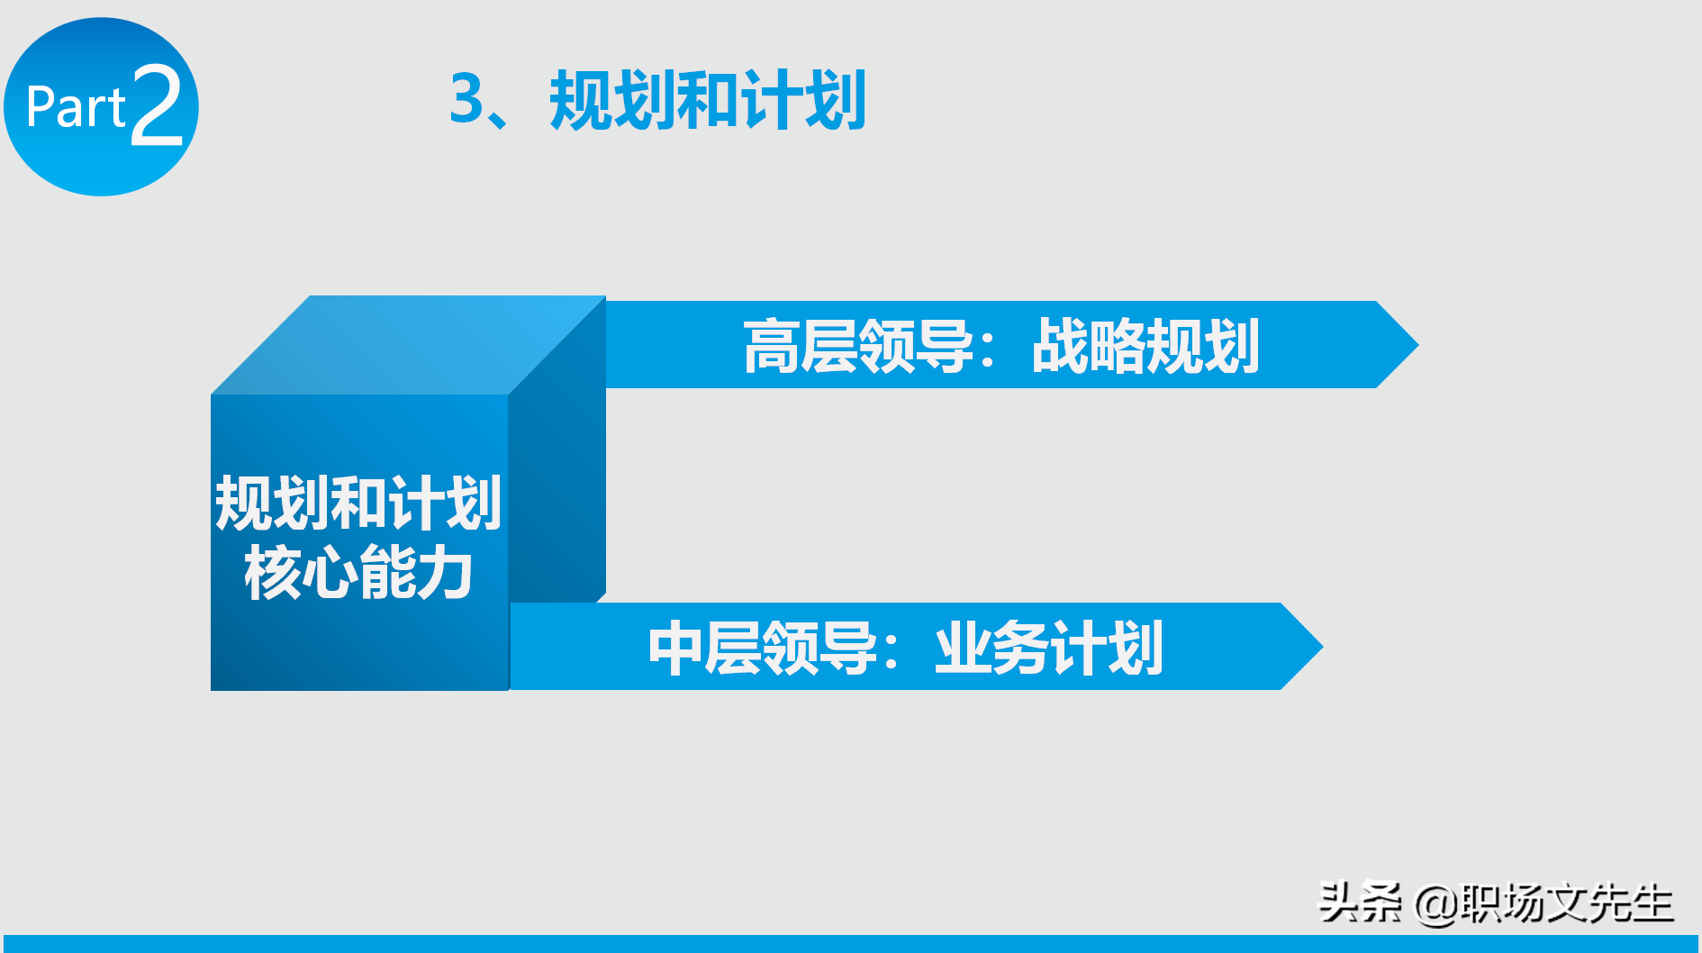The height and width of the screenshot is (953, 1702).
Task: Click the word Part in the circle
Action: pos(76,107)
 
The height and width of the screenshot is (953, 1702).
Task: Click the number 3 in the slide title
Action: pos(467,98)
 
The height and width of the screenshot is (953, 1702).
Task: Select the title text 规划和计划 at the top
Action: pos(708,100)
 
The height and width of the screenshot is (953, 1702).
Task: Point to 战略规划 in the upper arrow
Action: pos(1145,346)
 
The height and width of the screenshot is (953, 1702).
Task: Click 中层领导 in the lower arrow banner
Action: pos(763,648)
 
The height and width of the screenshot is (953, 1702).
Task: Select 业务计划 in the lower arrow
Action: pos(1049,648)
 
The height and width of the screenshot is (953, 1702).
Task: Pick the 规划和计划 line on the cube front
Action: pos(358,503)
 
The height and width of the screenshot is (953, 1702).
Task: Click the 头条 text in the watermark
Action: pos(1359,902)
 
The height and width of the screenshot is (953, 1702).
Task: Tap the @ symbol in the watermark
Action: pos(1435,903)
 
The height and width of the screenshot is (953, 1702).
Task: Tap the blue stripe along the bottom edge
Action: pos(851,944)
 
